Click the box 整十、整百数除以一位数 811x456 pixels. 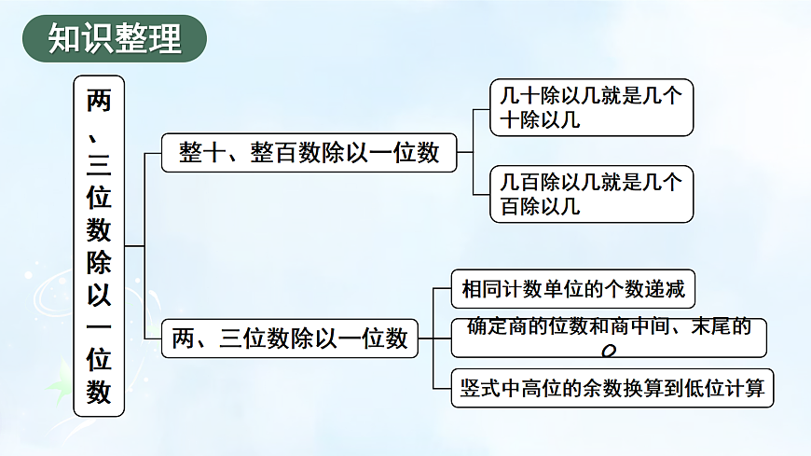pos(309,153)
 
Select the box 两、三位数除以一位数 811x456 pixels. pos(291,339)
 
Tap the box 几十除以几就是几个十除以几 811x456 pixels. pos(591,107)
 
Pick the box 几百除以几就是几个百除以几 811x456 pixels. pos(591,194)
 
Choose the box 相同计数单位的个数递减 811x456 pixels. pos(573,289)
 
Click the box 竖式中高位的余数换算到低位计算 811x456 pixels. pos(612,388)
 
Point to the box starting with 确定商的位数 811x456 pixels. pos(609,337)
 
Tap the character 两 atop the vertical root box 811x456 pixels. pos(99,100)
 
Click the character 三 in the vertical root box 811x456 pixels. pos(99,165)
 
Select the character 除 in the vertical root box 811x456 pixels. pos(99,262)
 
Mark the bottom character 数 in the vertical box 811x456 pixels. pos(99,393)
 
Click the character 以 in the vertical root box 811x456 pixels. pos(99,295)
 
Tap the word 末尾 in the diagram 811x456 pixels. pos(710,326)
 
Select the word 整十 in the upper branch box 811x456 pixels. pos(202,153)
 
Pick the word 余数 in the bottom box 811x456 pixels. pos(620,388)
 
